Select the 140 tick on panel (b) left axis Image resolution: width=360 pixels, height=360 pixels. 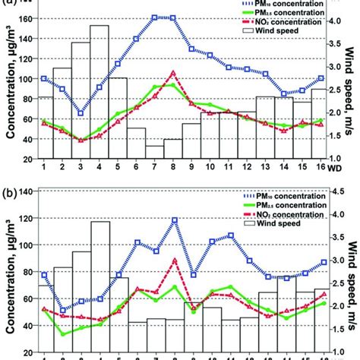(x=25, y=192)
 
